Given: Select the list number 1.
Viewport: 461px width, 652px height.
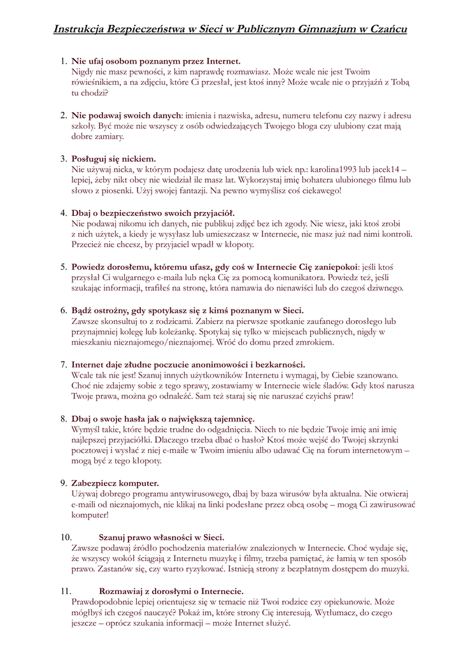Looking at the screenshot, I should pos(63,62).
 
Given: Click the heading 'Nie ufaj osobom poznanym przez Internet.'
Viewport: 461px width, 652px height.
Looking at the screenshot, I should pos(156,62).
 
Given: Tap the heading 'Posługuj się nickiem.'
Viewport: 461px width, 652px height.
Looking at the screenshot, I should pos(113,159).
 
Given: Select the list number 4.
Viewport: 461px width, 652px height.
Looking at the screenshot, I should pos(63,213).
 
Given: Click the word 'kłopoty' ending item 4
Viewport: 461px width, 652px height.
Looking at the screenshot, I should pos(238,244).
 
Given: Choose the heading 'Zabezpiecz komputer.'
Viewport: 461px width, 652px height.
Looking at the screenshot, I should pos(115,483).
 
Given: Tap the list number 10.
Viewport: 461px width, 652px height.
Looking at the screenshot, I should pos(66,537).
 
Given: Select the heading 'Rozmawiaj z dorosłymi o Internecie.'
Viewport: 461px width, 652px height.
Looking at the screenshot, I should pos(171,592).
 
